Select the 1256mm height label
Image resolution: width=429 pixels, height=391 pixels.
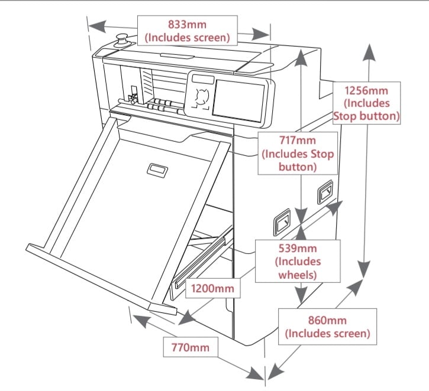[367, 103]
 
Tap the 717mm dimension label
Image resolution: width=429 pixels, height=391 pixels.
[298, 153]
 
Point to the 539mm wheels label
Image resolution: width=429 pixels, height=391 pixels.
[298, 260]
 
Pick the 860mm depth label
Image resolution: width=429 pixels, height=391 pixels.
[327, 327]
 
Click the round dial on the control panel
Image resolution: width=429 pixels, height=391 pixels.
[201, 97]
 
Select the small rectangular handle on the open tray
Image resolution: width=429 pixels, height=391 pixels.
[159, 170]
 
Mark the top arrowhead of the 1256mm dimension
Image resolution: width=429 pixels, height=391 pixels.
[371, 51]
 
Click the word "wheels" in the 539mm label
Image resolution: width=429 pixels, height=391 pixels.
[298, 275]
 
